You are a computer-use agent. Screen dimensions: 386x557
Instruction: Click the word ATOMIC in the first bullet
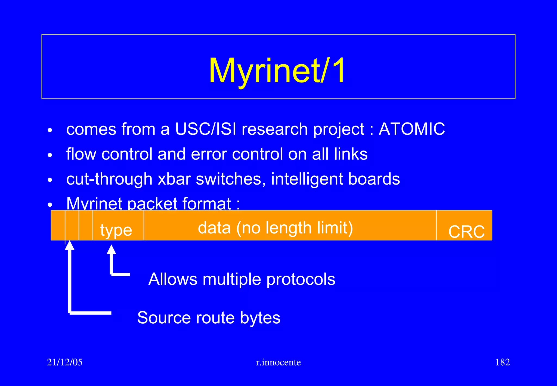412,129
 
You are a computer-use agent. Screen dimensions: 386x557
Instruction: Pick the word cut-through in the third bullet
109,179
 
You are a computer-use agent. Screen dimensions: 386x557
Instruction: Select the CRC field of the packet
466,231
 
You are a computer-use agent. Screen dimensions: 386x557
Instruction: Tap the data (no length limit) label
275,228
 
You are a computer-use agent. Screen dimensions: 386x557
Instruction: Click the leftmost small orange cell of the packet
58,225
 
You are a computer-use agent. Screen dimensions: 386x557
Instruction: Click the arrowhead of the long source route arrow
70,245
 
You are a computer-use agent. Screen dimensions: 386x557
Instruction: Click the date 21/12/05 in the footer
65,362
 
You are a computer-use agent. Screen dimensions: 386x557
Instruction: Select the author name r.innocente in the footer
278,362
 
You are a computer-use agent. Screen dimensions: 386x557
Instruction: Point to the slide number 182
502,362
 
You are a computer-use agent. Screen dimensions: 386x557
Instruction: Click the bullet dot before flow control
49,155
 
